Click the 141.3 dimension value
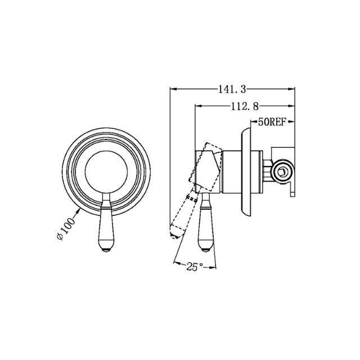pyautogui.click(x=232, y=89)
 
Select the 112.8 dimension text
pyautogui.click(x=244, y=105)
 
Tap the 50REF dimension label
pyautogui.click(x=272, y=121)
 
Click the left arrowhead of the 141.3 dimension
pyautogui.click(x=172, y=89)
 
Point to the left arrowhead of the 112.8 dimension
pyautogui.click(x=197, y=105)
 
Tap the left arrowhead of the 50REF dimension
pyautogui.click(x=251, y=121)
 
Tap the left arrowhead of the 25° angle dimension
pyautogui.click(x=175, y=263)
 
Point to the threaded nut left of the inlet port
pyautogui.click(x=267, y=169)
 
